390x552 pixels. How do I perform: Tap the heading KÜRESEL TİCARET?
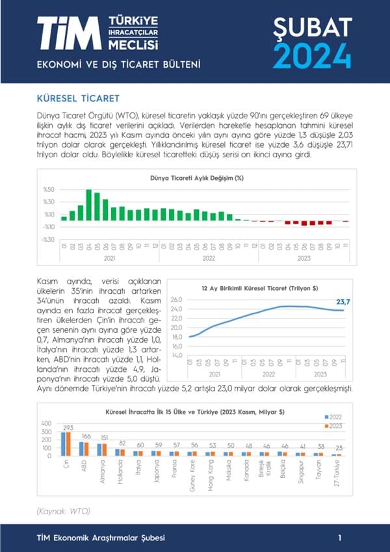(78, 99)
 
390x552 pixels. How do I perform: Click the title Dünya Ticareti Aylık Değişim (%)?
(196, 177)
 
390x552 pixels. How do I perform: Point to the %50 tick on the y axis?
(49, 190)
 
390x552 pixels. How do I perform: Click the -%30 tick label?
(48, 239)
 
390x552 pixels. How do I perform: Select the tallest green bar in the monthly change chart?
(88, 205)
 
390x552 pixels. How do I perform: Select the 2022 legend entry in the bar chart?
(335, 415)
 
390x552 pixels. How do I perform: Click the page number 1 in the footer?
(340, 538)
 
